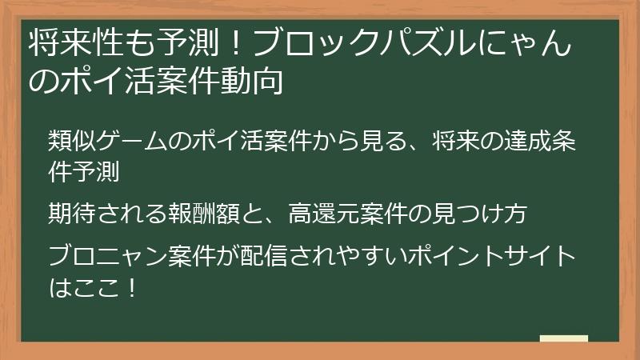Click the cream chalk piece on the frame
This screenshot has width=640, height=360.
564,338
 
